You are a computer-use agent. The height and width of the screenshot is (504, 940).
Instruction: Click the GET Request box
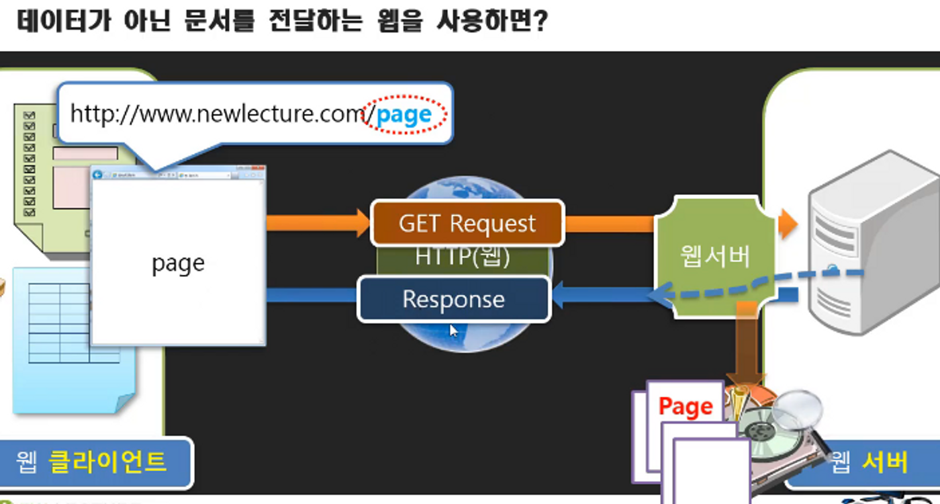[467, 223]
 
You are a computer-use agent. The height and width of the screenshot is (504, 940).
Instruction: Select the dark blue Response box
[453, 299]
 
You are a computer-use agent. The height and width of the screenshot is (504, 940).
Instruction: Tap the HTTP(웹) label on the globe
[463, 257]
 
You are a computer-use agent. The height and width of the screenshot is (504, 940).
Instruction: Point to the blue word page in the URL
[404, 116]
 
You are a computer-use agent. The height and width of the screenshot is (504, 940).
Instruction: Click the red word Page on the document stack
[685, 407]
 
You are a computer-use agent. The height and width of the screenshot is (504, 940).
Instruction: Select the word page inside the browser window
[178, 263]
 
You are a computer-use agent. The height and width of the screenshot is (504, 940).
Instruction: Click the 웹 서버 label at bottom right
[869, 462]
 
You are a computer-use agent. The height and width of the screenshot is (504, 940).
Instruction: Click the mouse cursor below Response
[454, 330]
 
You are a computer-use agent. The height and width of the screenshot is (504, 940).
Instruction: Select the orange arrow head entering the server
[788, 224]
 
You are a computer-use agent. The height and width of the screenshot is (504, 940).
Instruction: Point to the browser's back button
[98, 175]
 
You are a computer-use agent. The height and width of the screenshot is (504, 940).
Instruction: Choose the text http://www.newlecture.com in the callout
[217, 115]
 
